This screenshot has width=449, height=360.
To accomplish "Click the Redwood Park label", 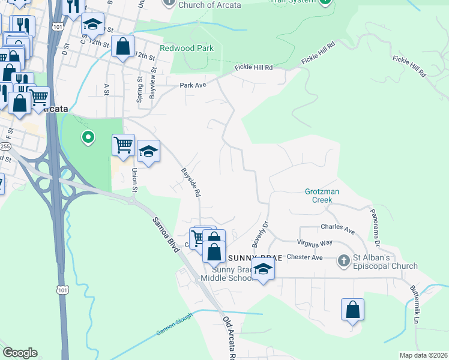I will [186, 48].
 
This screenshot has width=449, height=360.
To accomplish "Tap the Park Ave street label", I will [193, 85].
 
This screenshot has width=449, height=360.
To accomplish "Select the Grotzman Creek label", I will [322, 195].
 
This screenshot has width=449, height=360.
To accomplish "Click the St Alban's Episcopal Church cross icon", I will [344, 260].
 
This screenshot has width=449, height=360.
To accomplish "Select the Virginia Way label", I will [314, 243].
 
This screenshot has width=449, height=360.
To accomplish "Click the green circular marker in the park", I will [88, 139].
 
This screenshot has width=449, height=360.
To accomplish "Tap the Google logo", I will [20, 353].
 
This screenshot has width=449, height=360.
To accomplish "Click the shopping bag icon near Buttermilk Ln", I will [353, 310].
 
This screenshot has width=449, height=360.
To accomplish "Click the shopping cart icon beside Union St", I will [123, 145].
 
